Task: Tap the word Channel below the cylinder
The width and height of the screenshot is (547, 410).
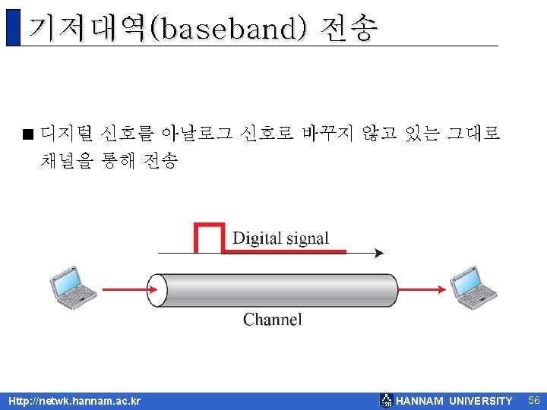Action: click(272, 320)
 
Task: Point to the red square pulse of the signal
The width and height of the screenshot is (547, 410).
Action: click(210, 236)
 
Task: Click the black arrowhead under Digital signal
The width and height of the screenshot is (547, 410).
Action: click(378, 253)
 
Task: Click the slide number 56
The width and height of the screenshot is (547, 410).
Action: click(533, 400)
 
